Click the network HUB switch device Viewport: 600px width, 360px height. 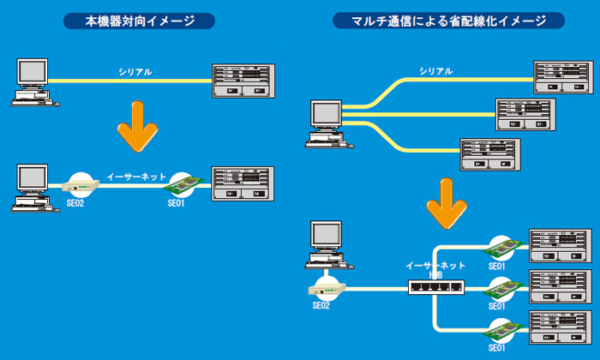[x=436, y=290]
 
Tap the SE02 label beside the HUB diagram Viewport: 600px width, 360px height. [x=321, y=306]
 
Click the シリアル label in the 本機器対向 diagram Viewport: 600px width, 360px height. [x=135, y=72]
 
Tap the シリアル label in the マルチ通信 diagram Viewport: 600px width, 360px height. [x=436, y=71]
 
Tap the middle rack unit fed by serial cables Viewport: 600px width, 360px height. [x=531, y=114]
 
